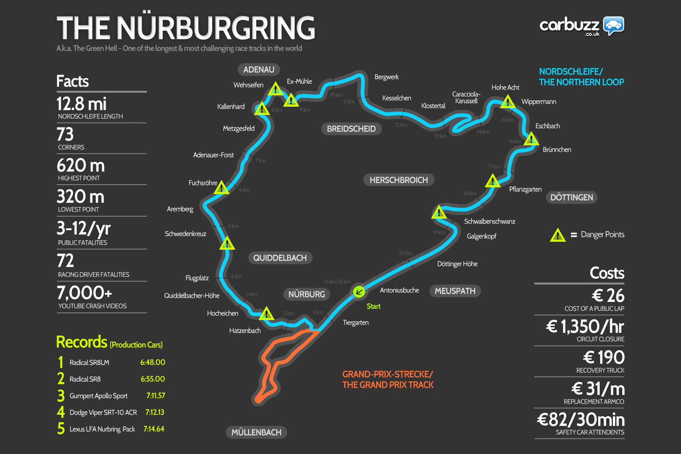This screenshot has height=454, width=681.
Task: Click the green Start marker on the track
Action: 359,292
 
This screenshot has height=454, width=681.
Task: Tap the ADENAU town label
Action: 259,70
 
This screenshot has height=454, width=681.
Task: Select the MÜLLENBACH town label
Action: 256,432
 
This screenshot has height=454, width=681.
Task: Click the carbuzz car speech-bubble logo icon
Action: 613,26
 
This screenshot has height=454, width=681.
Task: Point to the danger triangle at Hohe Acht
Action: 507,102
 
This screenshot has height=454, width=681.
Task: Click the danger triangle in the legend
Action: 557,235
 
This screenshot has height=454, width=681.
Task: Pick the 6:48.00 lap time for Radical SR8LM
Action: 152,362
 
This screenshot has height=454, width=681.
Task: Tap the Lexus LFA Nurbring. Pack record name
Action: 102,429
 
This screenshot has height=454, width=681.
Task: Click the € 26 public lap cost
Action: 608,295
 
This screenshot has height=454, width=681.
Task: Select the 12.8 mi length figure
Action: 81,104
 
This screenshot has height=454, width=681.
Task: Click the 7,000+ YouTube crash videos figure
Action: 84,293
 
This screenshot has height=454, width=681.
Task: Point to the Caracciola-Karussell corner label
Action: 466,98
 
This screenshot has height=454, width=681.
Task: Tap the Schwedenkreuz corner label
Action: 185,234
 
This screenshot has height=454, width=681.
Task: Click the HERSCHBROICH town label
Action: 399,180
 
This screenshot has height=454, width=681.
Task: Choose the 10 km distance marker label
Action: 336,95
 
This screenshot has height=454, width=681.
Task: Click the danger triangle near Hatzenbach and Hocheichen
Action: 266,314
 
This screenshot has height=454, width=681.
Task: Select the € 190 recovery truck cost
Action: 604,358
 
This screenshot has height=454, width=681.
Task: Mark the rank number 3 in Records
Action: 61,396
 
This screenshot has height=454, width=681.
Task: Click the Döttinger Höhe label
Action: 457,264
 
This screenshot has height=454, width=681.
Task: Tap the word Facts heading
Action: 73,81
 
